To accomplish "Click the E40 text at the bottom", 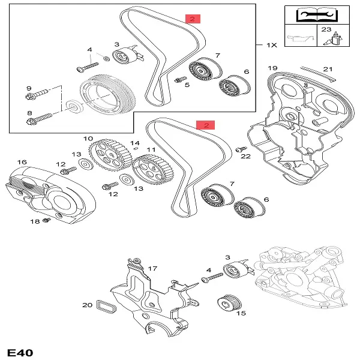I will coord(20,352).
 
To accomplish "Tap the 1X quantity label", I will coord(271,45).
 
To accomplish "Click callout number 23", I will coord(326,29).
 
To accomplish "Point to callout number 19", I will coord(272,68).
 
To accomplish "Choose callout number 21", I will coord(328,68).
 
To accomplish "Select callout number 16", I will coord(22,162).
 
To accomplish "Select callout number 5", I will coord(187,85).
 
